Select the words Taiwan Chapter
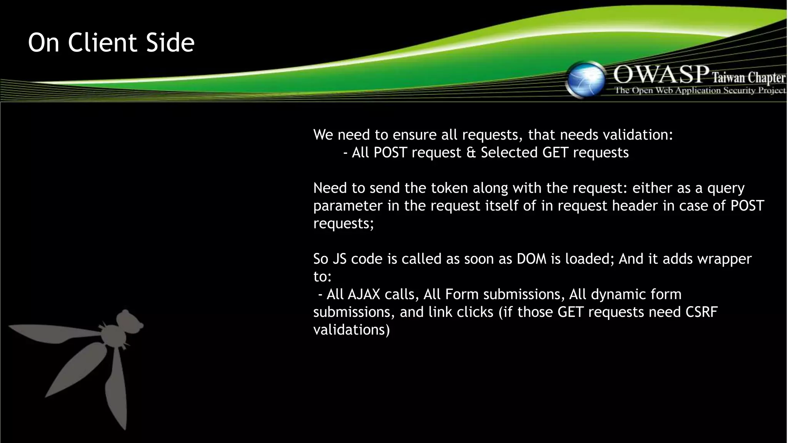tap(748, 78)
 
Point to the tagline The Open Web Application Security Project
tap(700, 91)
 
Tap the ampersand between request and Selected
tap(471, 153)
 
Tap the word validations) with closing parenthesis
tap(351, 330)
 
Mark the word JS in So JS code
tap(340, 259)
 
